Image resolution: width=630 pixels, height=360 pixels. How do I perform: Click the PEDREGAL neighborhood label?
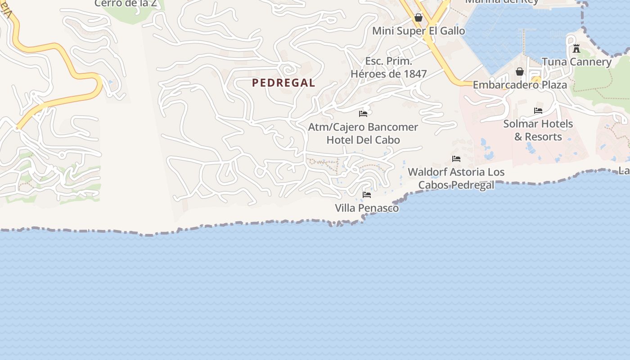click(283, 83)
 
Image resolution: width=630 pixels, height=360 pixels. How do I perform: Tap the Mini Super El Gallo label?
click(418, 31)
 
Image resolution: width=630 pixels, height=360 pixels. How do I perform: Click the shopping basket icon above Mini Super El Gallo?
click(418, 18)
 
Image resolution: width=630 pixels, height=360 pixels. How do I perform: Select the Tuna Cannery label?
click(576, 62)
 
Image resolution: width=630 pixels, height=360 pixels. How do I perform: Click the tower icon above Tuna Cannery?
click(576, 49)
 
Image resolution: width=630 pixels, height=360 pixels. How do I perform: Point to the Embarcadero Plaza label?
click(520, 85)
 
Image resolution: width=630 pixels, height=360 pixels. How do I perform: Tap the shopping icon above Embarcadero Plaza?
click(520, 72)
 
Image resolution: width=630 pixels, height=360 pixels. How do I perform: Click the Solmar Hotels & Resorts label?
click(538, 130)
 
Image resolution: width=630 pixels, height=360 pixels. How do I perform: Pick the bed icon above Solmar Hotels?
click(538, 110)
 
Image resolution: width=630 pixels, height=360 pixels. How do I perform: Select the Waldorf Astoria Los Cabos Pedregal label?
click(456, 178)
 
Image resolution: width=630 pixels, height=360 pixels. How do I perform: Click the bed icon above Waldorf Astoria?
click(456, 158)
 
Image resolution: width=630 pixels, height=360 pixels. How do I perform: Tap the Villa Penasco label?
click(367, 208)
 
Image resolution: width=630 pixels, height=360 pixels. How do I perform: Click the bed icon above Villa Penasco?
click(367, 194)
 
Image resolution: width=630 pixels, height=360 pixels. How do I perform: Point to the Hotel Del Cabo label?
click(363, 140)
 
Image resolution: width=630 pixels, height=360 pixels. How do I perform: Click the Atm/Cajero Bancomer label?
click(363, 127)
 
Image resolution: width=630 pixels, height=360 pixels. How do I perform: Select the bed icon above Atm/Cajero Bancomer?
click(363, 113)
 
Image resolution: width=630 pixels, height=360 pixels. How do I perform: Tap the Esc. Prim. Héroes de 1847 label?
click(389, 67)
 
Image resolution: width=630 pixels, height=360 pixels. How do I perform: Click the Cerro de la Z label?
click(126, 3)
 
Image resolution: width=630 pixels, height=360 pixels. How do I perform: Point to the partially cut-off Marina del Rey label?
click(502, 2)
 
